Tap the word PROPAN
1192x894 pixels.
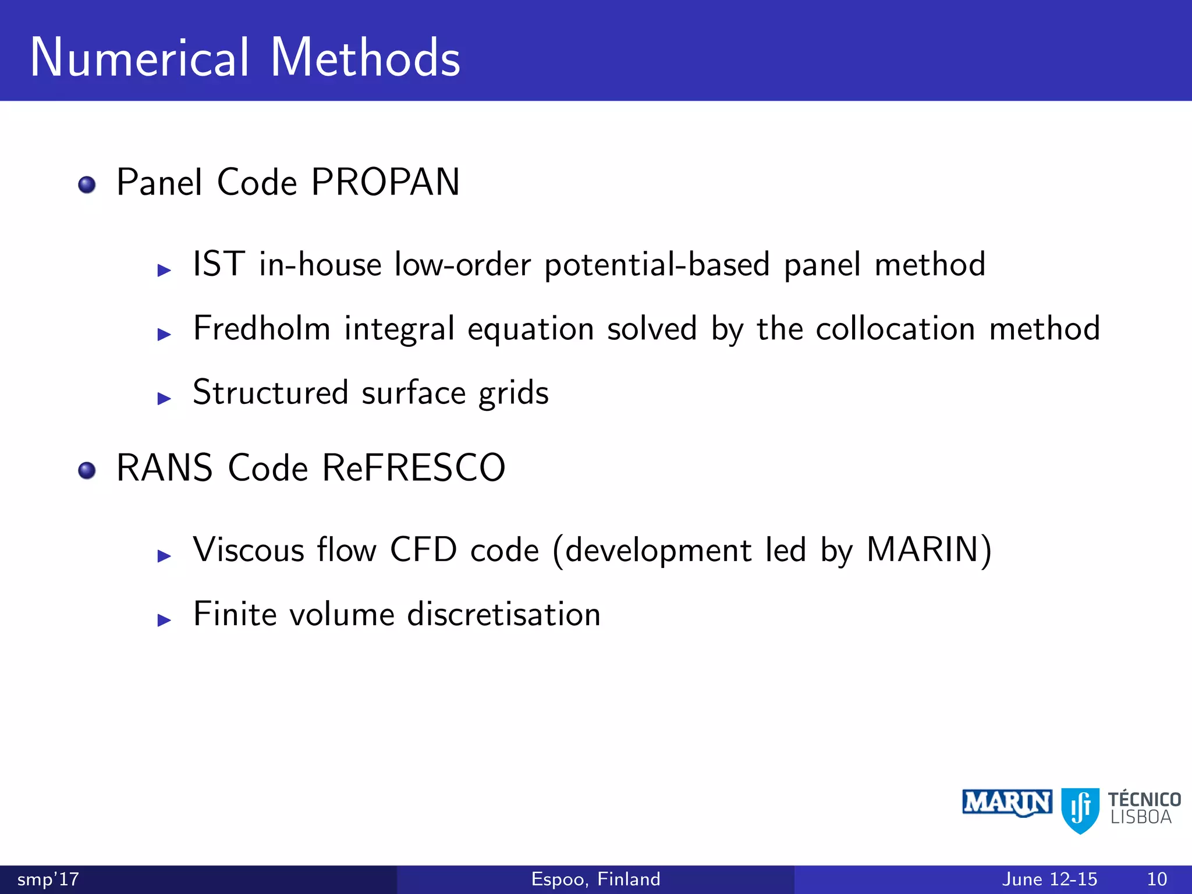(x=385, y=182)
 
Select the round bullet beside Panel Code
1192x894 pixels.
(x=87, y=185)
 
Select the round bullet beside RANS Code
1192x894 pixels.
(x=87, y=470)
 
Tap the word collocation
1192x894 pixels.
(x=895, y=328)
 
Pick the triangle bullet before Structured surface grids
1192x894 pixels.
(x=164, y=399)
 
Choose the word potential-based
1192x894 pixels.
(x=657, y=265)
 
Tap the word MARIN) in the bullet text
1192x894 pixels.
(x=929, y=549)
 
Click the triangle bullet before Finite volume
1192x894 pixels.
(x=164, y=620)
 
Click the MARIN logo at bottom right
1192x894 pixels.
(x=1007, y=803)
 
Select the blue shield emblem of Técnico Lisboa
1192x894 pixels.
(x=1080, y=810)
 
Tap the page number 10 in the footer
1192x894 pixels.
(x=1157, y=879)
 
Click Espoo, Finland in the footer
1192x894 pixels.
(x=595, y=879)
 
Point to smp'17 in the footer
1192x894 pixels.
(x=48, y=879)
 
